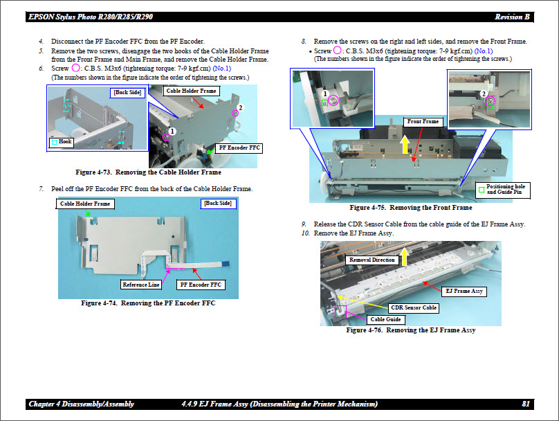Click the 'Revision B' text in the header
(x=512, y=17)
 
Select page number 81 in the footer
(x=526, y=404)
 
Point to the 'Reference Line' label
(x=141, y=285)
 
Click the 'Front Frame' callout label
(x=423, y=122)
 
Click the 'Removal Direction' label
(x=372, y=260)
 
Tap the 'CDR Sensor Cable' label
(x=414, y=307)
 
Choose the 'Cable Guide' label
(x=385, y=319)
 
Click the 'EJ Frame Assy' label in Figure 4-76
(x=463, y=292)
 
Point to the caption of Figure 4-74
(x=148, y=303)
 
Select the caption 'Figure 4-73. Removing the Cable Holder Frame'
(x=148, y=172)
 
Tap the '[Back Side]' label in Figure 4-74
(x=219, y=204)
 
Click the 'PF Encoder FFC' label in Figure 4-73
(x=239, y=148)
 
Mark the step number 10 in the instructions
(x=304, y=233)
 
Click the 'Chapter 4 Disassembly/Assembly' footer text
(x=82, y=404)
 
